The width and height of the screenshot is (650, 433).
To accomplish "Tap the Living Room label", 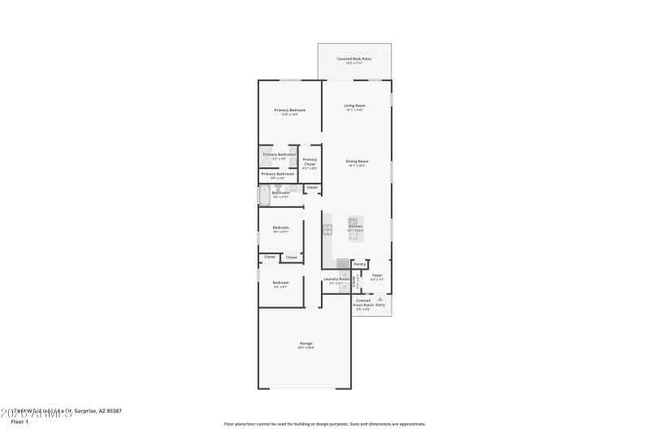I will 354,106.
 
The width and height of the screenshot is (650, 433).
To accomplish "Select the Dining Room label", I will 357,162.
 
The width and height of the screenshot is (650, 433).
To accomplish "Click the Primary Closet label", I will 310,161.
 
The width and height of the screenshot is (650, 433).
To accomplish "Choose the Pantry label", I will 360,264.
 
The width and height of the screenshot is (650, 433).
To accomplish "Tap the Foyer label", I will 377,275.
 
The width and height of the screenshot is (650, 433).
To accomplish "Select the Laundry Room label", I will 336,279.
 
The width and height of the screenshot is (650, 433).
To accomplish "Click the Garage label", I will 305,344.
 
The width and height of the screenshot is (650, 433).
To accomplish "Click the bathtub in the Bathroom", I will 264,195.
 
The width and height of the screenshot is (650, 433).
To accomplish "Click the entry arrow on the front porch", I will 379,300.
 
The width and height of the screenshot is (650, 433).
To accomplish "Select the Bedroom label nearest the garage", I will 281,283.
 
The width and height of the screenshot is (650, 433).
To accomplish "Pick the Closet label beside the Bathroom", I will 312,188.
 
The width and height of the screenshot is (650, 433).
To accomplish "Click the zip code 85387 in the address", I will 113,411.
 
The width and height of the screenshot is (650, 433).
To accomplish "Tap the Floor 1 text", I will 19,422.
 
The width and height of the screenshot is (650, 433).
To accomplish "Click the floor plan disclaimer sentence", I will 324,423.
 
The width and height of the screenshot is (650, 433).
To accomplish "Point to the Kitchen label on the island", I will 355,227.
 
